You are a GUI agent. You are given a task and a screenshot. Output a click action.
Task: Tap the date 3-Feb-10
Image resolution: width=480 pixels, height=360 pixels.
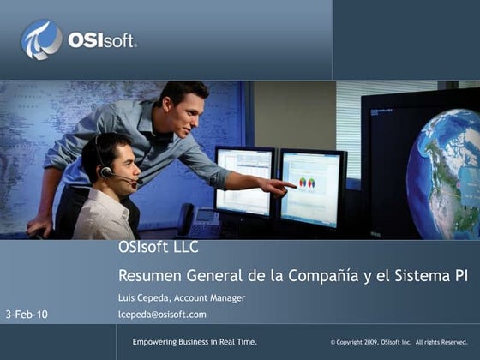tap(27, 315)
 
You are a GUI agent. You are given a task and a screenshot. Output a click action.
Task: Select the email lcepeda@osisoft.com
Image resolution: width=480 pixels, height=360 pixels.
tap(162, 315)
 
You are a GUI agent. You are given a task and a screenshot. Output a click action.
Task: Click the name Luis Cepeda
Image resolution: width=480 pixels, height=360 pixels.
tap(143, 297)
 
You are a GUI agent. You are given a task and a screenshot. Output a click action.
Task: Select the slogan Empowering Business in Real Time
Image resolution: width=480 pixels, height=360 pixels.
tap(195, 342)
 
